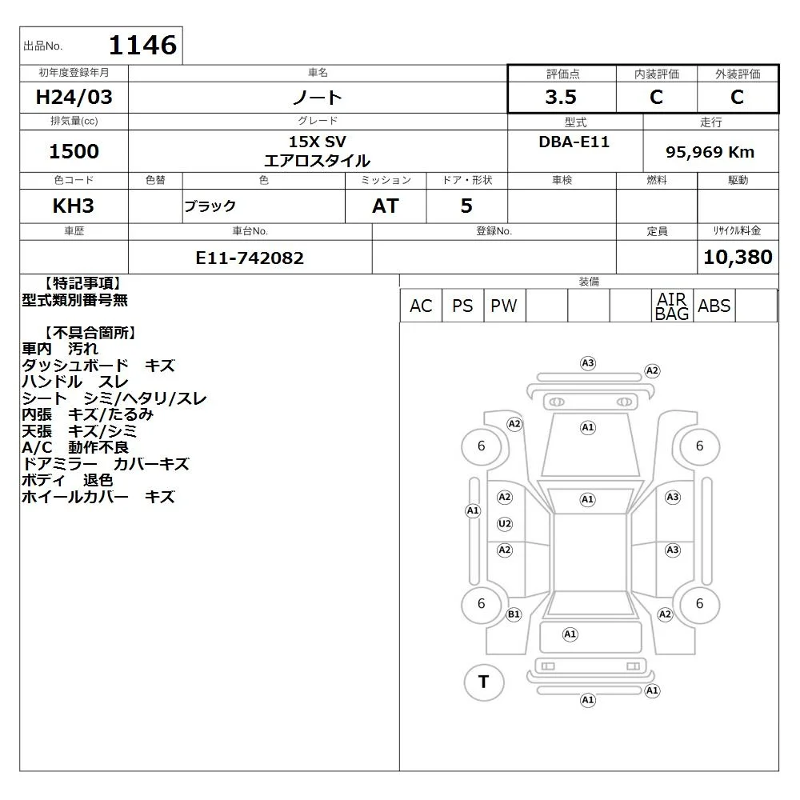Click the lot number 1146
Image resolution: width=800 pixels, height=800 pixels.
tap(143, 45)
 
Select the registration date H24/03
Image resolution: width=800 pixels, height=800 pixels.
tap(74, 97)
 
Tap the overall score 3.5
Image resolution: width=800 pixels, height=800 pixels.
tap(561, 97)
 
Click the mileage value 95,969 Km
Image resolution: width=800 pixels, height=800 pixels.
tap(710, 152)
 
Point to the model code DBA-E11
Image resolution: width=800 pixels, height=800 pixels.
tap(574, 142)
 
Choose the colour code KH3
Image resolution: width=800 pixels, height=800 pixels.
tap(74, 206)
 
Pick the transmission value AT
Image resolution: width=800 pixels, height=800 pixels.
tap(386, 206)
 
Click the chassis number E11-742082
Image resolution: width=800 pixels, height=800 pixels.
tap(250, 258)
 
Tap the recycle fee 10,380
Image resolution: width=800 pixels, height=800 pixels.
tap(738, 257)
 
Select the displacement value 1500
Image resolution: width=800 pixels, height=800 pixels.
tap(74, 151)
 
